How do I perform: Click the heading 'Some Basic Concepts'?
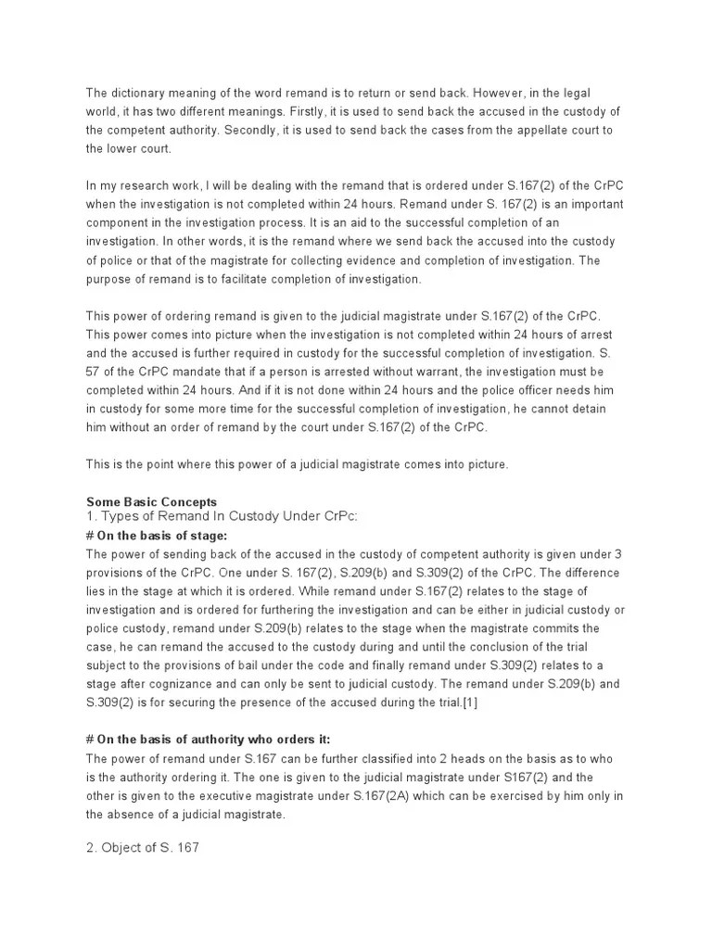151,501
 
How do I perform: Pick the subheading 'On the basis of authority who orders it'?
208,739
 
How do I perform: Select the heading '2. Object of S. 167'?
142,846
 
